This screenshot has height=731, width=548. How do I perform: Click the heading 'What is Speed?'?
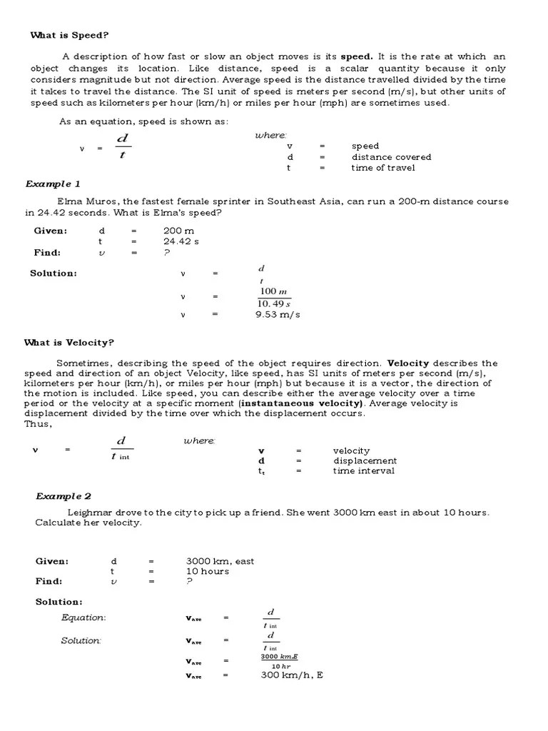[69, 35]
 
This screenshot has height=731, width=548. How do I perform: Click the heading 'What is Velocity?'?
[69, 343]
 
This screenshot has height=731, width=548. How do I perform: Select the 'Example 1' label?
[53, 184]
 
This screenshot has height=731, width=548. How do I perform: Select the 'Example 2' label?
[64, 496]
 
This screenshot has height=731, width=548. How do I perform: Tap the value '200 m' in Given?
[178, 231]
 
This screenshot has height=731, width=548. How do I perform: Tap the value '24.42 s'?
[181, 242]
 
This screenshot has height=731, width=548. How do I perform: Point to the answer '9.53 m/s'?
[278, 315]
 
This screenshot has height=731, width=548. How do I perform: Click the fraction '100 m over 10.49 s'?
[274, 298]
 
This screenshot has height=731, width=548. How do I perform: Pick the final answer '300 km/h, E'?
[292, 675]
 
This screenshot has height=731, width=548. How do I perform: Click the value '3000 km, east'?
[220, 561]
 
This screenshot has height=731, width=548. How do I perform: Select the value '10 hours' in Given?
[208, 571]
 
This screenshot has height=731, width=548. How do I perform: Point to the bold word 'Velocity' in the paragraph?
[407, 363]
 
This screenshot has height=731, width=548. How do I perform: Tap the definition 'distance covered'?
[391, 157]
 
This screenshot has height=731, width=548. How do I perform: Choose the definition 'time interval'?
[363, 471]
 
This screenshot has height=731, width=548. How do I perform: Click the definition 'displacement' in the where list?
[365, 461]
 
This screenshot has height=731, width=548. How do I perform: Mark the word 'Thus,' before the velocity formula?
[38, 423]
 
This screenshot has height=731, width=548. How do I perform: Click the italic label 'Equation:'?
[83, 617]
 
